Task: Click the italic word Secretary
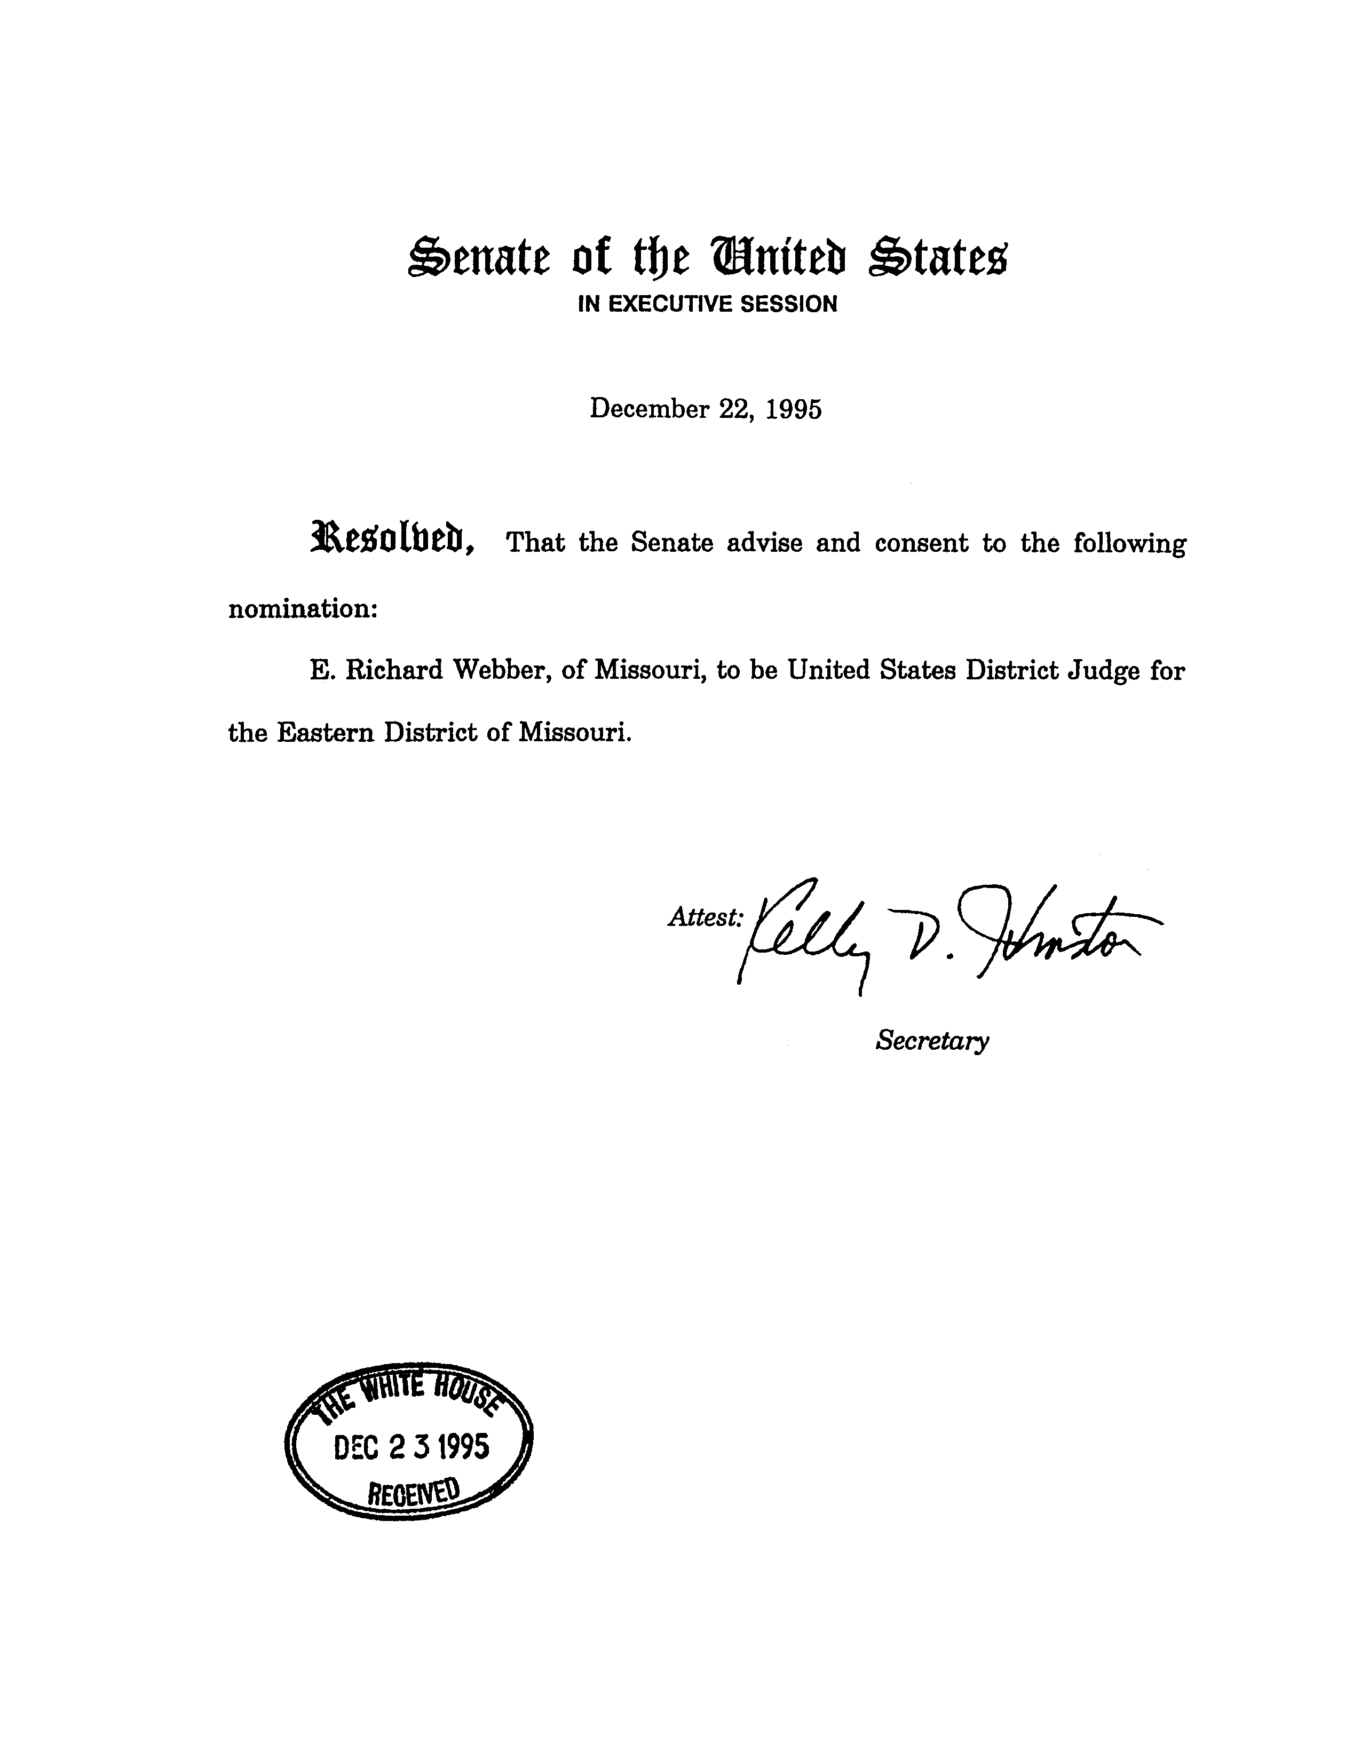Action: coord(932,1041)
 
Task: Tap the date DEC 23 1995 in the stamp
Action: coord(411,1447)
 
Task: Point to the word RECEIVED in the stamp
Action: coord(413,1492)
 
